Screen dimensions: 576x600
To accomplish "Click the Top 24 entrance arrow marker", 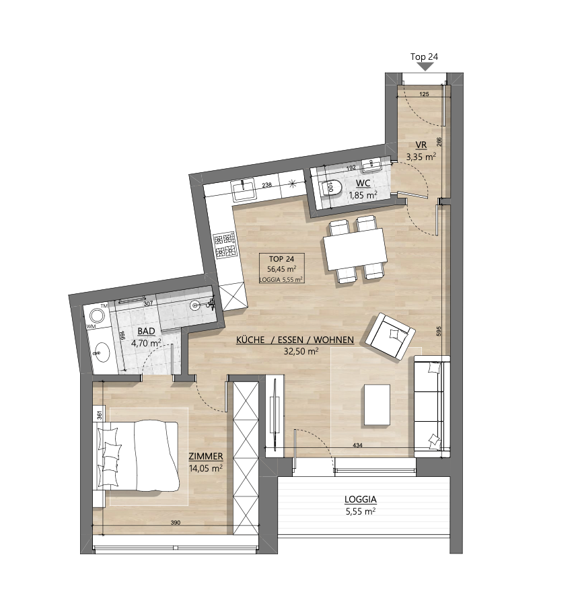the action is (x=424, y=67).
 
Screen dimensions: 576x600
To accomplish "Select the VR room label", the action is (x=421, y=145).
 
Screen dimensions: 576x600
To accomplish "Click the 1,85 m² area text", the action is (x=363, y=195).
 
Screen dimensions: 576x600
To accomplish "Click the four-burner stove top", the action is (x=224, y=246).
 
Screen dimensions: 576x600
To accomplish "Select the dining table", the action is (x=355, y=249).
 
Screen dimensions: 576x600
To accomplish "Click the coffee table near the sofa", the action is (x=377, y=405).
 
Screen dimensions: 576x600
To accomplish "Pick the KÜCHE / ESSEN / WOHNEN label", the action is (x=295, y=340).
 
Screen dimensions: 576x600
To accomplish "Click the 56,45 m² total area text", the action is (x=282, y=268).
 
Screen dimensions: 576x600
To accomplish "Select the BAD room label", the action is (x=146, y=331).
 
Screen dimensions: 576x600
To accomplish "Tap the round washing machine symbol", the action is (x=96, y=316).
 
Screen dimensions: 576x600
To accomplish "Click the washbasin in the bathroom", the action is (x=102, y=352).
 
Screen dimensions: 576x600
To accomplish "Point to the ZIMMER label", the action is (x=205, y=456).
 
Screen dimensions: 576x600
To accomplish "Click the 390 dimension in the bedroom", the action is (x=175, y=523).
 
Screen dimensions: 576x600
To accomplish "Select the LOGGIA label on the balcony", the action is (x=361, y=499).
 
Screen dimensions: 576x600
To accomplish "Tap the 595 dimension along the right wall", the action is (x=439, y=331).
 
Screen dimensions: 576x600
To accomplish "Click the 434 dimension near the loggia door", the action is (x=357, y=445).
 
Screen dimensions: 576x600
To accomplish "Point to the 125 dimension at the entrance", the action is (x=424, y=94).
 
